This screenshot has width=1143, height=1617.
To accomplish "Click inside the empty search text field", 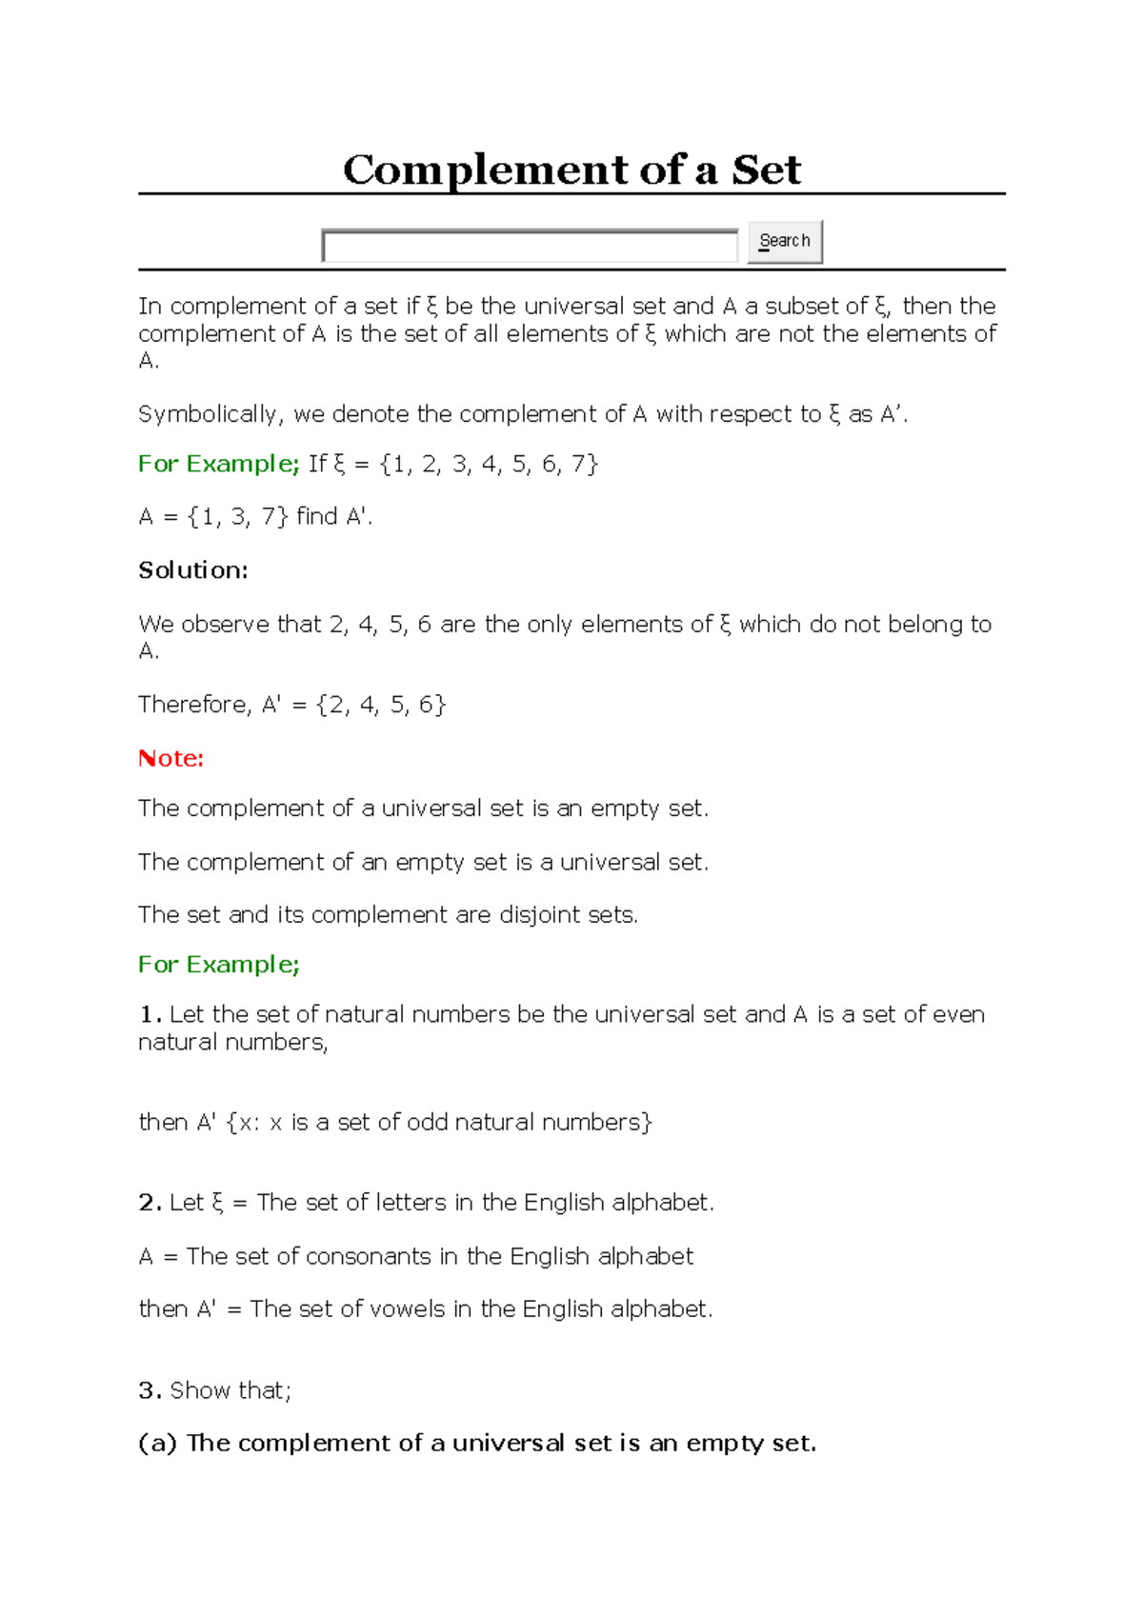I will click(x=530, y=246).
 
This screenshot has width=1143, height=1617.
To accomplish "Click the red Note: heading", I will click(x=170, y=758).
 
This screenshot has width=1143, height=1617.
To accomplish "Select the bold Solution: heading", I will click(x=192, y=570).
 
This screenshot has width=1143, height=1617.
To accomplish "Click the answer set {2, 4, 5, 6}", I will click(x=381, y=705).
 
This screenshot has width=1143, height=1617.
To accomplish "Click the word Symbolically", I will click(x=209, y=414).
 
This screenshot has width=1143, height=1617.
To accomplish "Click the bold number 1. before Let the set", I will click(x=149, y=1014).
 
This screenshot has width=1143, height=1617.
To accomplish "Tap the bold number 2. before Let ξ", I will click(x=150, y=1203).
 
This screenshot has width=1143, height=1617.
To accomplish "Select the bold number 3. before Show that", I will click(x=150, y=1390).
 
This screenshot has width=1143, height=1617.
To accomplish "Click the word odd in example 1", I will click(x=427, y=1123).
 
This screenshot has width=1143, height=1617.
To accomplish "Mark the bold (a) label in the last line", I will click(x=158, y=1444).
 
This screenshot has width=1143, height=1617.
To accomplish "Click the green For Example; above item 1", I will click(x=219, y=965).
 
